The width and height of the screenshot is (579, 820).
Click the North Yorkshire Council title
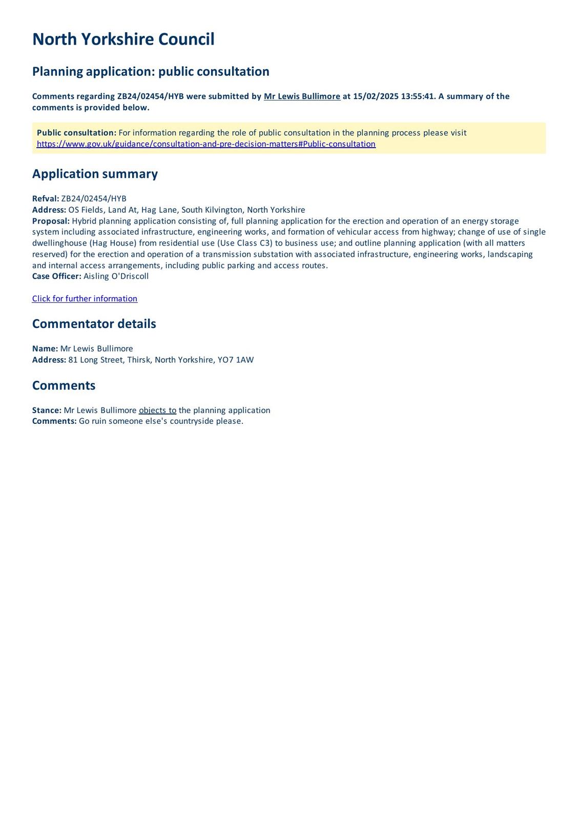[123, 39]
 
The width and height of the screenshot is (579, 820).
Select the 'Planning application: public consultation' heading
[151, 71]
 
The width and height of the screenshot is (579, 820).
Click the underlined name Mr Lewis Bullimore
[302, 96]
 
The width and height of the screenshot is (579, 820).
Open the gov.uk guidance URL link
[206, 144]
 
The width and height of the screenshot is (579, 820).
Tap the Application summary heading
[95, 174]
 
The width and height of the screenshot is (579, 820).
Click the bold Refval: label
[46, 199]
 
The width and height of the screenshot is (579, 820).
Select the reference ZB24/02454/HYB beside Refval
[94, 199]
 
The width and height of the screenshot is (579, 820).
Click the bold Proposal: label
[51, 221]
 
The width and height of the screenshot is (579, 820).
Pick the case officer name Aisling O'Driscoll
[116, 276]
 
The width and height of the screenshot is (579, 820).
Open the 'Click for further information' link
[85, 299]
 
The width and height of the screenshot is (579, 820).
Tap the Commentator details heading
[94, 324]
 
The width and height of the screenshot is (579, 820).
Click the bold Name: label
[45, 348]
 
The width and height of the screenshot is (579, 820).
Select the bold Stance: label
[47, 410]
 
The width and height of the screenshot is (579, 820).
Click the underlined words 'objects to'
[157, 410]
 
